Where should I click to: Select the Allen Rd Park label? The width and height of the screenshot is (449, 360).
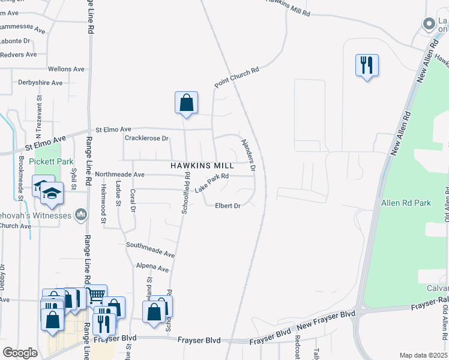(x=406, y=203)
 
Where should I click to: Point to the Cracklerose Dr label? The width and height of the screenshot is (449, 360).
(x=146, y=138)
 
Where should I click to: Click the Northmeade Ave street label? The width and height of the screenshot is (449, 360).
(x=120, y=174)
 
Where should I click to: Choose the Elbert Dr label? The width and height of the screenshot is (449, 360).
(x=228, y=206)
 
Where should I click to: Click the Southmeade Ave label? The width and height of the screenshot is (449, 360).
(x=150, y=245)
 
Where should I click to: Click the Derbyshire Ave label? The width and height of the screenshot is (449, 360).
(x=40, y=83)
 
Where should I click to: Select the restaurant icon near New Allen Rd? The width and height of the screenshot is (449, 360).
(x=367, y=64)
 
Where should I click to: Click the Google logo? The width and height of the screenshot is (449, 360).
(x=20, y=353)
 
